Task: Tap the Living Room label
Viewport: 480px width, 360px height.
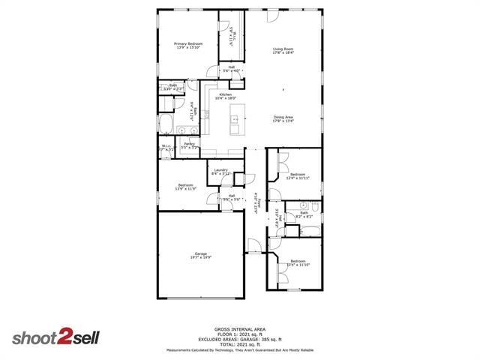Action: [283, 50]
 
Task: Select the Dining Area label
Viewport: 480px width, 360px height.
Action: [283, 118]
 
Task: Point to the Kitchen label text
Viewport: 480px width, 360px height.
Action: [225, 95]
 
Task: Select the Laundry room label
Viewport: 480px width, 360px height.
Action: [220, 171]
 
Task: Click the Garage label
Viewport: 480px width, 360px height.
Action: [200, 255]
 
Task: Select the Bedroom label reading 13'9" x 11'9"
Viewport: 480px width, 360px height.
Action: [185, 187]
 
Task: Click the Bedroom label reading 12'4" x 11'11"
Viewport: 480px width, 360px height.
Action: [298, 176]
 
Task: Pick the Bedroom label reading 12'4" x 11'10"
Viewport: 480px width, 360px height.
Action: [298, 262]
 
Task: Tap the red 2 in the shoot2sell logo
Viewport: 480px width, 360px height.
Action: [66, 337]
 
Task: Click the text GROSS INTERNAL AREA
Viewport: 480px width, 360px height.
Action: [239, 329]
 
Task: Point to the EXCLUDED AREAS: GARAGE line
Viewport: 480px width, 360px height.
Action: [239, 338]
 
